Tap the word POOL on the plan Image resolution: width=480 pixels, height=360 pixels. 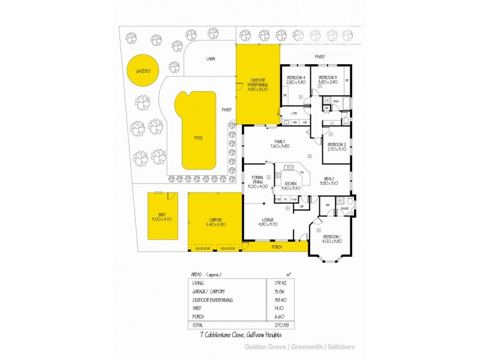[198, 138]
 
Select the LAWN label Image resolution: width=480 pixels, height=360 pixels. [210, 59]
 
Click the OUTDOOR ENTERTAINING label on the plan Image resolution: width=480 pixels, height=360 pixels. [257, 85]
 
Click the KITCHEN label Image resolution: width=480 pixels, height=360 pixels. [291, 185]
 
